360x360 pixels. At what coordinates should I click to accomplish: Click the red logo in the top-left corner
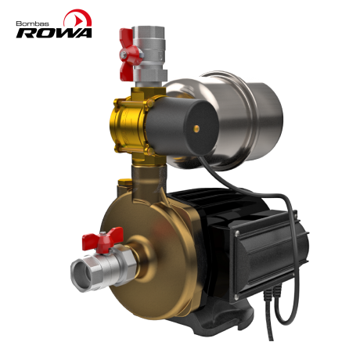[74, 17]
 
